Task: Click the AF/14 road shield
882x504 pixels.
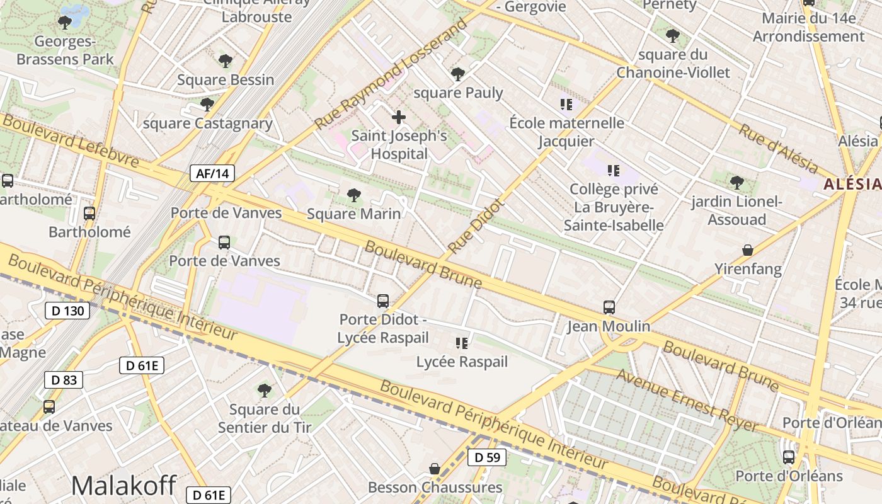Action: pos(212,174)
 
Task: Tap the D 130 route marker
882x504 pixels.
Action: pos(67,311)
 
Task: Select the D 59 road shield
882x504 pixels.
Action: pos(487,457)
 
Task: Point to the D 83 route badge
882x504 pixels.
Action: pos(64,380)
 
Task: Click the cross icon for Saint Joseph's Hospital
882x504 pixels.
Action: pos(398,117)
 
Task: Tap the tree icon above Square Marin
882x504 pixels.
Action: pos(354,195)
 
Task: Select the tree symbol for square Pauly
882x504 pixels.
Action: pos(458,74)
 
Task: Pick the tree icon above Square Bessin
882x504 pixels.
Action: pos(226,61)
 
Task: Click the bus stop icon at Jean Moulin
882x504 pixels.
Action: pos(609,307)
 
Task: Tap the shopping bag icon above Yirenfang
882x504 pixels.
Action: pos(748,250)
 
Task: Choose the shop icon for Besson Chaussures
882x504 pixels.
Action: pos(435,469)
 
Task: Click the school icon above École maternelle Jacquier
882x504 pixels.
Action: pos(566,104)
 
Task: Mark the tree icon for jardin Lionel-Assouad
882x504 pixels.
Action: pos(736,183)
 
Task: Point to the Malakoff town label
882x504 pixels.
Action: pos(123,485)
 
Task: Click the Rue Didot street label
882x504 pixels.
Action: pos(477,225)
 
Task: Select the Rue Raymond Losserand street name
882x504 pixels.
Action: pos(392,74)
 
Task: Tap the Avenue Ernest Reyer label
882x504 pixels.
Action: pos(687,400)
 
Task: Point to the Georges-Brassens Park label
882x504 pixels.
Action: pos(65,50)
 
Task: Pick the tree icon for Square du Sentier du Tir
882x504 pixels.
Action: pos(265,391)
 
